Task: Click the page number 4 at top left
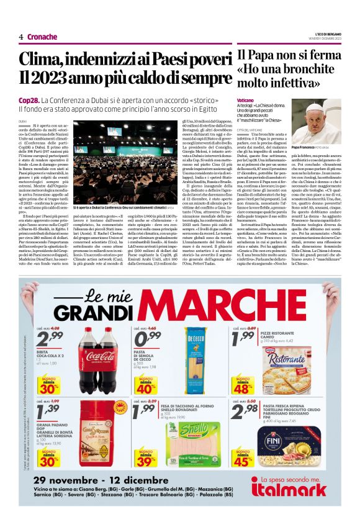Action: [x=21, y=37]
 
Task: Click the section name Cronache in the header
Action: [x=42, y=37]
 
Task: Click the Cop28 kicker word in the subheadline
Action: [x=29, y=100]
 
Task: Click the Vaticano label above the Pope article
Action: [x=245, y=101]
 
